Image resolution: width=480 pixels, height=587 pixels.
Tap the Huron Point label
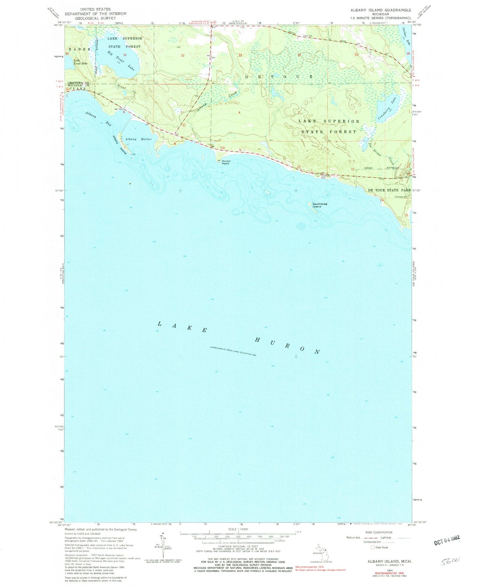[226, 162]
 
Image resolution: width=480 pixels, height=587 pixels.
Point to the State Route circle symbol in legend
[372, 547]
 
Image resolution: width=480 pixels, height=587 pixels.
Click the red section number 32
[183, 56]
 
